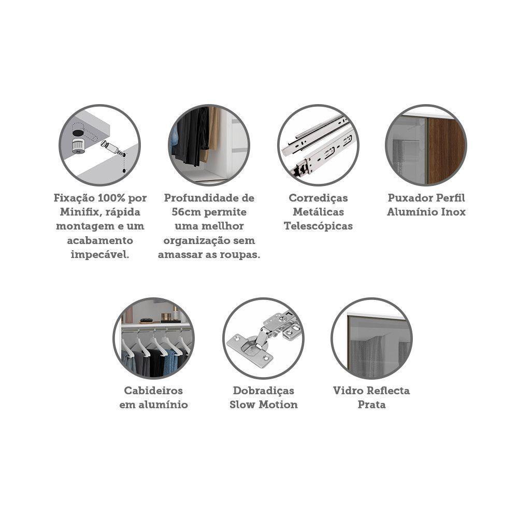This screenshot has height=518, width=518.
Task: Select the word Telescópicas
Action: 318,226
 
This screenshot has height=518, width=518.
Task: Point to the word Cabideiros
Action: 153,391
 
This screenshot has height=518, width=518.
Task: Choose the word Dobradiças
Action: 263,391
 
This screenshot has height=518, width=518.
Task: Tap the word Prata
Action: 371,405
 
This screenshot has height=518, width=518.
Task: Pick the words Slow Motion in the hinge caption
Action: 263,405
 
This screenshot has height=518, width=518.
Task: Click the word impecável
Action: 100,255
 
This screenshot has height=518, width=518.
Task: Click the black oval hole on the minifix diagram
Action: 78,133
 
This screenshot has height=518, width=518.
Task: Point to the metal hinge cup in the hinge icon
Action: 250,347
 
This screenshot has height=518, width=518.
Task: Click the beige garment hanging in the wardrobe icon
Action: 212,132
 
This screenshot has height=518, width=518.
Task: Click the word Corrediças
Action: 318,198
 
